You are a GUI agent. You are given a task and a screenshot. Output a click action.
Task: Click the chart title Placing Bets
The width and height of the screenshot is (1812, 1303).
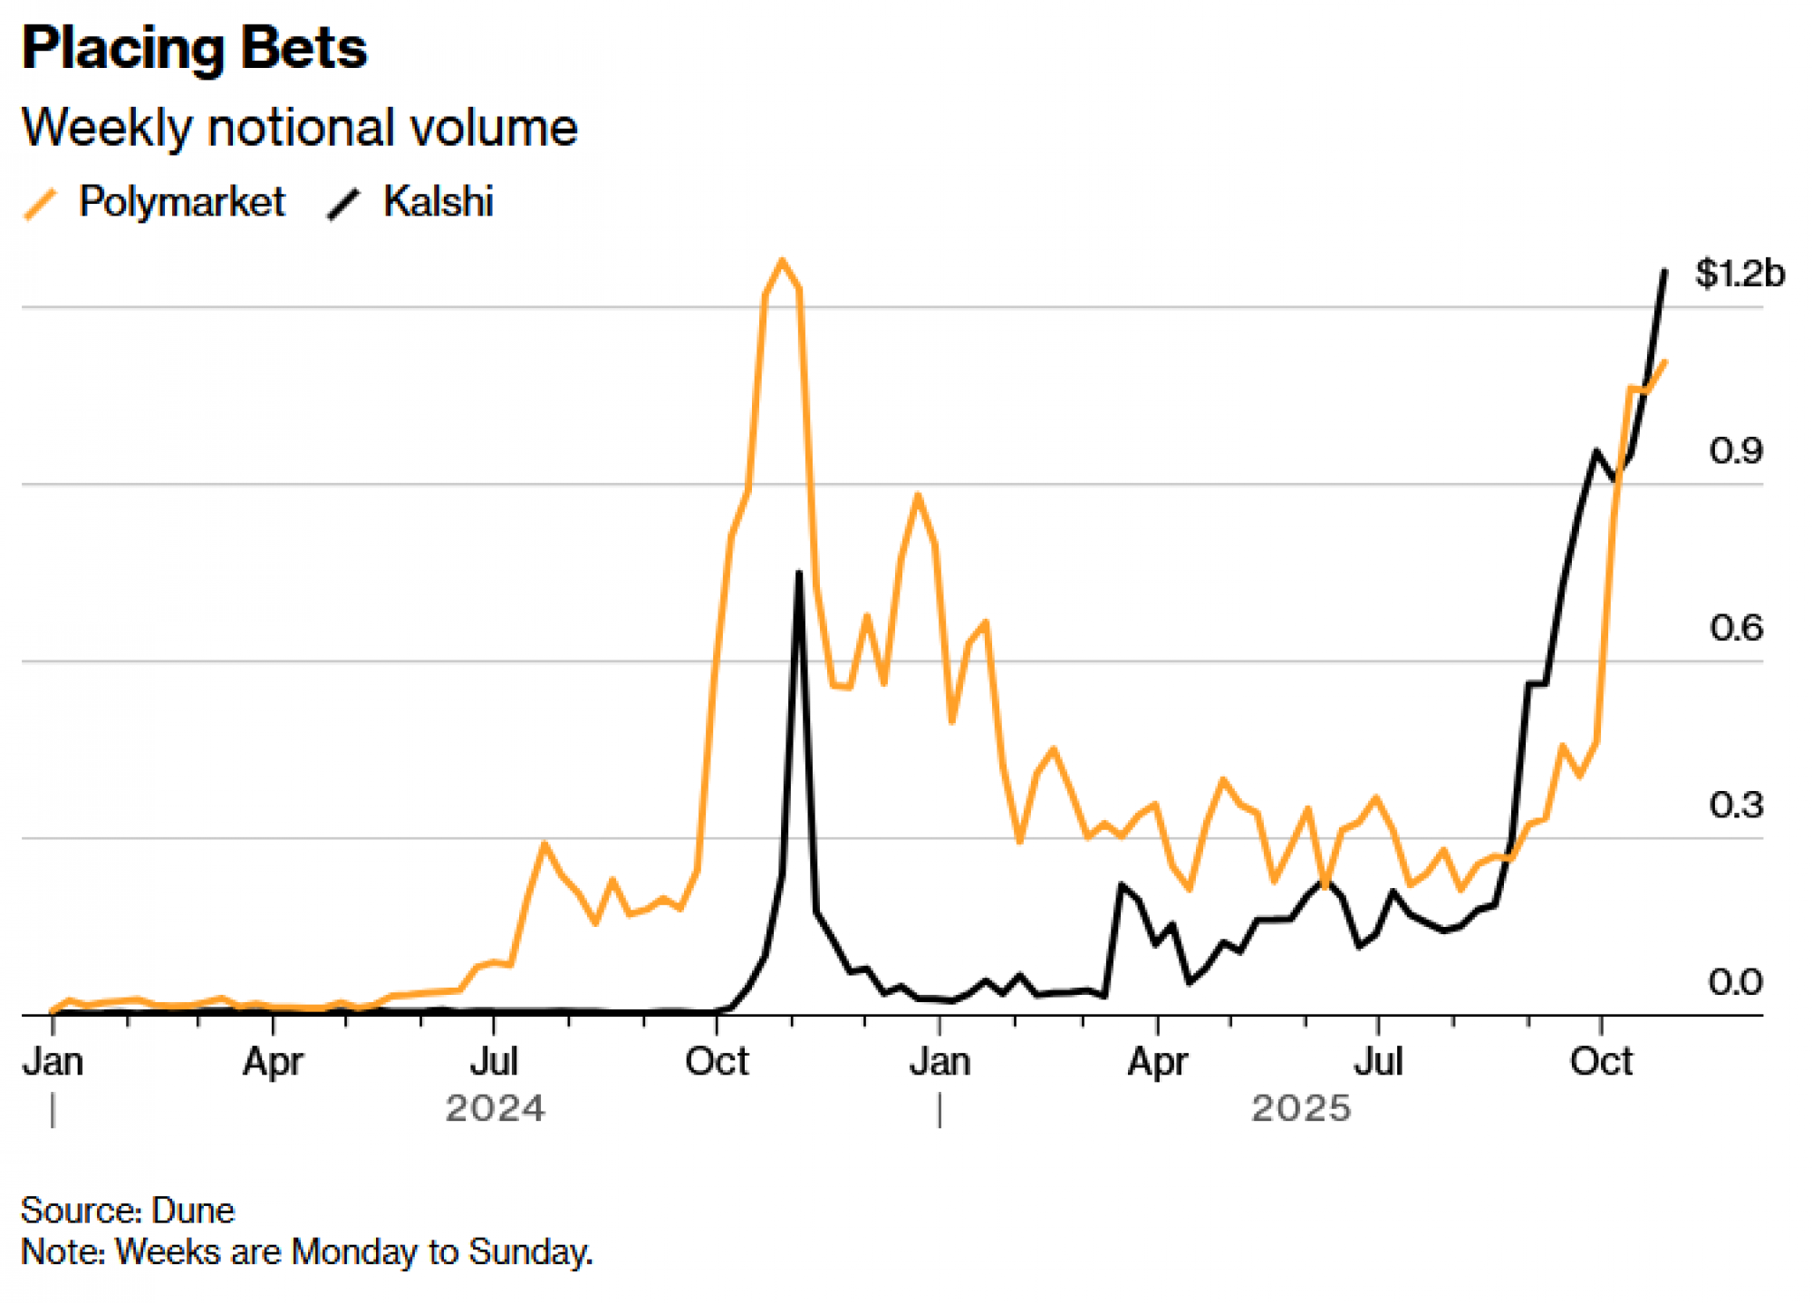pos(194,49)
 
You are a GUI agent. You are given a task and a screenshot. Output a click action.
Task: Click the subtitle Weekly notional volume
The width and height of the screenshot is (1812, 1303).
pos(299,128)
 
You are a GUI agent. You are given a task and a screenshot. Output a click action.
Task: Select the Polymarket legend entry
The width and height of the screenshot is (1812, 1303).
pos(181,201)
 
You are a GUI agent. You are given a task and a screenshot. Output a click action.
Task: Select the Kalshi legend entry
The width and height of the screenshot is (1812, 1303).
pos(438,201)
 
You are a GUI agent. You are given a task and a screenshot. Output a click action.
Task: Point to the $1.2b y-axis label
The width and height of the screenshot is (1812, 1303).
pos(1739,273)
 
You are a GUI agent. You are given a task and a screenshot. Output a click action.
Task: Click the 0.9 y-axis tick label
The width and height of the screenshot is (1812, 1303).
pos(1735,450)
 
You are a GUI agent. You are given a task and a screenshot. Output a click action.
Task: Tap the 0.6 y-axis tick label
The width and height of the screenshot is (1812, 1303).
pos(1735,628)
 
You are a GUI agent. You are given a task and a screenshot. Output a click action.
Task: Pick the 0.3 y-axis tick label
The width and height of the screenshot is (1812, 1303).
pos(1735,805)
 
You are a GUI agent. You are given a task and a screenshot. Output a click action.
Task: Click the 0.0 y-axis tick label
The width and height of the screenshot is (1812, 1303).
pos(1735,982)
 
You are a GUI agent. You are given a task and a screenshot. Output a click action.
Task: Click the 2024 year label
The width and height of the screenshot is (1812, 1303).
pos(495,1108)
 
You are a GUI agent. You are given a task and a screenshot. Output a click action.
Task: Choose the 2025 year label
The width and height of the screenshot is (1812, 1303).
pos(1300,1108)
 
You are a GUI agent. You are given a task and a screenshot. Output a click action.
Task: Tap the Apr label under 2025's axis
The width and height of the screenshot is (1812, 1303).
pos(1157,1061)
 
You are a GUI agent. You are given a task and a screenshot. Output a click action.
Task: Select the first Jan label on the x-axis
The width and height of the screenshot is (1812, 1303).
pos(53,1061)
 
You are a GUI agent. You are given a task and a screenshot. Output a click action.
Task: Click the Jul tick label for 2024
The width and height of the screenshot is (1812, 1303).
pos(494,1061)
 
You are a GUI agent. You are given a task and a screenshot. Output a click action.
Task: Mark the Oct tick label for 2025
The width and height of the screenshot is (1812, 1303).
pos(1601,1061)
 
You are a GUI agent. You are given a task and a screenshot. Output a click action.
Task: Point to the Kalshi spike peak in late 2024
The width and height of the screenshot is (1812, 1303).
pos(798,573)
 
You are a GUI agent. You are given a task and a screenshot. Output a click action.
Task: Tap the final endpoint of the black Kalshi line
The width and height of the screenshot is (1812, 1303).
pos(1664,271)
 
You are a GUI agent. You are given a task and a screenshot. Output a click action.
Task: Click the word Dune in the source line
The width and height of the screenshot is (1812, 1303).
pos(193,1211)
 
